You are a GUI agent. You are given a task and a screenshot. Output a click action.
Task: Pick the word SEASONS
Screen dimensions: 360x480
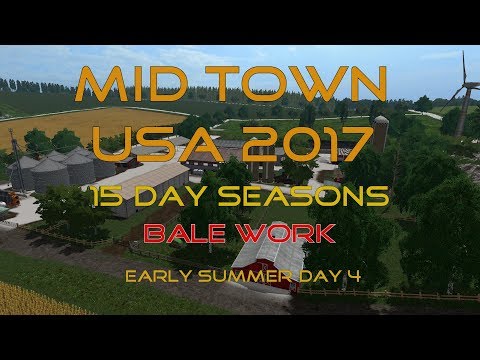pyautogui.click(x=319, y=197)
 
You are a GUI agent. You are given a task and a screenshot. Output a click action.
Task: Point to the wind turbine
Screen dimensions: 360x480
pyautogui.click(x=462, y=95)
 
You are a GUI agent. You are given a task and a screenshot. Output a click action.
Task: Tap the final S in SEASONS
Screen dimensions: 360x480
pyautogui.click(x=380, y=197)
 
